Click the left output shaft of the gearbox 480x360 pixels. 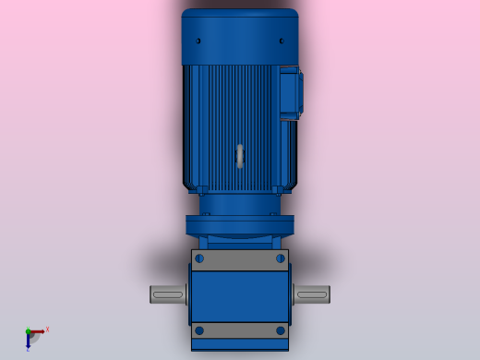point(168,294)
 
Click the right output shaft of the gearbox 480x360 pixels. point(312,294)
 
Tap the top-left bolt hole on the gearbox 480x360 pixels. point(200,258)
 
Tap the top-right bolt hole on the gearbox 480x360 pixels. point(280,258)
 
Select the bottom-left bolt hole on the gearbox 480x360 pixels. point(199,330)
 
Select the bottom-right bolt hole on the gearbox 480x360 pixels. point(281,330)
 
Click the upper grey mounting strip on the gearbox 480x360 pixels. point(240,259)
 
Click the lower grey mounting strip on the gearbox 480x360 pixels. point(240,330)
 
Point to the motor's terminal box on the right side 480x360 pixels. point(290,92)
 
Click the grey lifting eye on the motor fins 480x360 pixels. point(240,156)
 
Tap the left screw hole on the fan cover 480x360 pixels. point(199,42)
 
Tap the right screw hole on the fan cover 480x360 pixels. point(281,42)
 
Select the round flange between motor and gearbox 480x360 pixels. point(240,225)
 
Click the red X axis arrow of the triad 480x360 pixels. point(38,331)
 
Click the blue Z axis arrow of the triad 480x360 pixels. point(28,341)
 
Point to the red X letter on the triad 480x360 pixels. point(47,329)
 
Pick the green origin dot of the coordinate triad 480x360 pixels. point(28,331)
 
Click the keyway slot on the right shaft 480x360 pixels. point(311,294)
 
